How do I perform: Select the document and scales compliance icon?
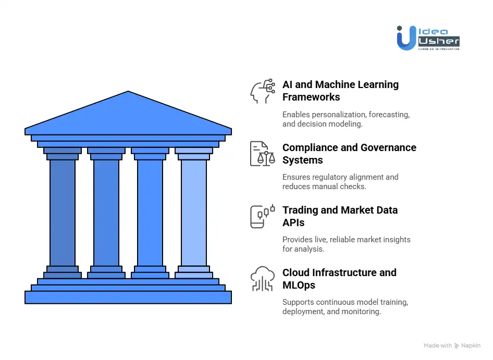point(263,154)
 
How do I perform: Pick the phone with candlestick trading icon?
point(263,217)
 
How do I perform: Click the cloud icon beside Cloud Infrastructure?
point(263,279)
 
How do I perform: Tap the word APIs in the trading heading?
point(293,223)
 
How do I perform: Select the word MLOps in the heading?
point(299,285)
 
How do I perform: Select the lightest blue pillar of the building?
point(194,213)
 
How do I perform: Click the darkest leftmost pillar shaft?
point(63,213)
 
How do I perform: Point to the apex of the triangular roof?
point(128,93)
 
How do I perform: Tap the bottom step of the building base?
point(128,297)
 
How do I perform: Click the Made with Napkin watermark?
point(452,345)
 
